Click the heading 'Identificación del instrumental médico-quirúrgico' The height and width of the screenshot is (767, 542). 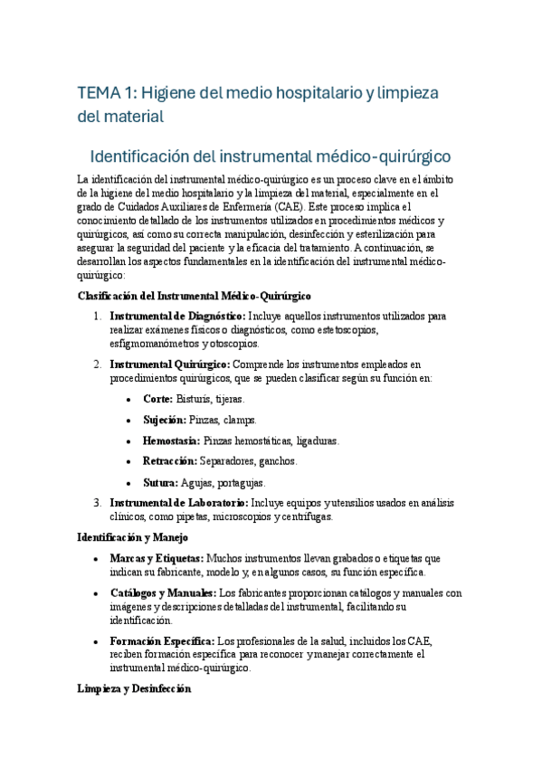click(271, 155)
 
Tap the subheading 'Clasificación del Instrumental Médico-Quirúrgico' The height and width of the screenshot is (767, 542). click(194, 296)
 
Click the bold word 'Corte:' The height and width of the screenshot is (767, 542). click(158, 399)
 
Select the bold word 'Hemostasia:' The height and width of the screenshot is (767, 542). click(172, 440)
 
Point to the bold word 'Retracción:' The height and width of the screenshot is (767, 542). click(170, 461)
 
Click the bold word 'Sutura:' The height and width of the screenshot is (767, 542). click(161, 482)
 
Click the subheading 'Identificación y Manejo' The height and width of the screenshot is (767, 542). click(133, 537)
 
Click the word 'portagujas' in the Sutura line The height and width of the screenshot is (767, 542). click(242, 482)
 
